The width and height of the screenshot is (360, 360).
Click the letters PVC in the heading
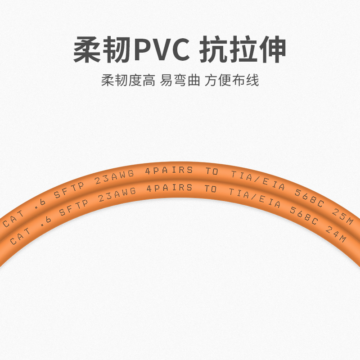(x=162, y=50)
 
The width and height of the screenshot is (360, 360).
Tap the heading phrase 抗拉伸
(x=243, y=50)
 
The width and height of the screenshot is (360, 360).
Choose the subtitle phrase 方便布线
(x=232, y=81)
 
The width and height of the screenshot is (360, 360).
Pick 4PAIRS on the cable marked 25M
(x=169, y=171)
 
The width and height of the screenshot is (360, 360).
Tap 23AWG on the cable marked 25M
(x=115, y=179)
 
